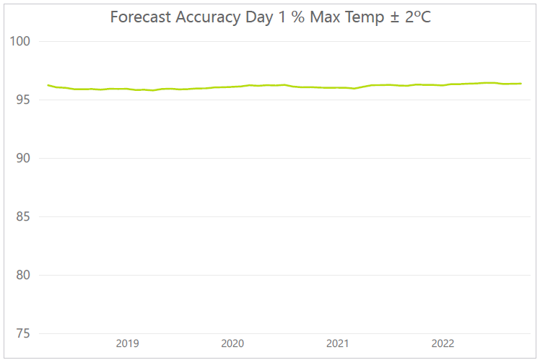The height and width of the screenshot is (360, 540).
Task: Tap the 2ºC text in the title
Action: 417,17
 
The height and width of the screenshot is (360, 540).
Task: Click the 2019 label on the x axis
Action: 127,343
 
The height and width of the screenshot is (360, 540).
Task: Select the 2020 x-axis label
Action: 232,343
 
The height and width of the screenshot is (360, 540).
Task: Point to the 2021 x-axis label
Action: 338,343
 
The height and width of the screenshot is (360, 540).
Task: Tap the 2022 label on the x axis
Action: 443,343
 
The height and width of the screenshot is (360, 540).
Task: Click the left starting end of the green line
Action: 48,85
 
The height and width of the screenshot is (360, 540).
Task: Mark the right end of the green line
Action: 521,84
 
